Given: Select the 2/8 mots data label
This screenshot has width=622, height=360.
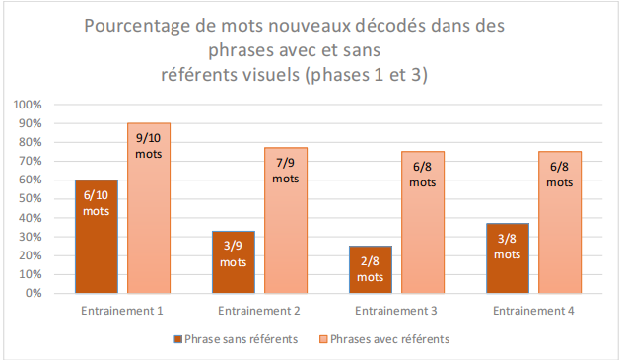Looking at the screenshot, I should pyautogui.click(x=371, y=270).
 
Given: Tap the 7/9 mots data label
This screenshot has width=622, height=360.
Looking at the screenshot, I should pyautogui.click(x=286, y=171).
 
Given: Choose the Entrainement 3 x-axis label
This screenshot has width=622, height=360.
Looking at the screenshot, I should pyautogui.click(x=395, y=311).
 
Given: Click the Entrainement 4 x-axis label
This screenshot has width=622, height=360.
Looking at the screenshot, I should pyautogui.click(x=533, y=311).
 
